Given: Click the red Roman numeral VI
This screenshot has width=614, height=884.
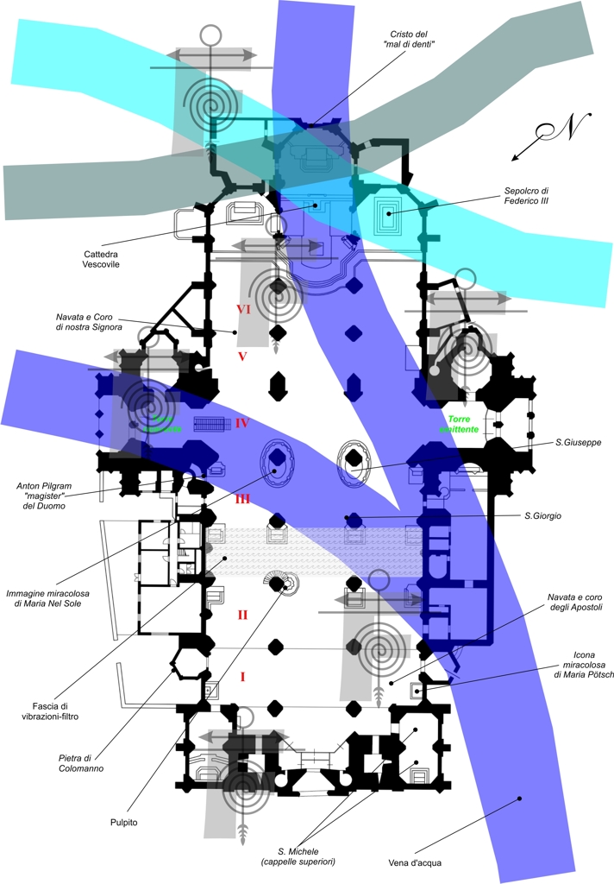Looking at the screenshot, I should [243, 308].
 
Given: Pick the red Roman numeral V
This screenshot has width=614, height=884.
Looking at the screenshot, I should [243, 356].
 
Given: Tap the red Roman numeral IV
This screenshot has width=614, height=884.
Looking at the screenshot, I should [242, 423].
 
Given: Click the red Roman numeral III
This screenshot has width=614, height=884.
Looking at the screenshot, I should [242, 499].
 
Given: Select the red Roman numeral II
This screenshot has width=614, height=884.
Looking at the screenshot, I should [243, 615].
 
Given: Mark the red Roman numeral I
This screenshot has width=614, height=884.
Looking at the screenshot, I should [243, 676].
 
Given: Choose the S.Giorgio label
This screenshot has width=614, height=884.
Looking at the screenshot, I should [542, 516].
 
